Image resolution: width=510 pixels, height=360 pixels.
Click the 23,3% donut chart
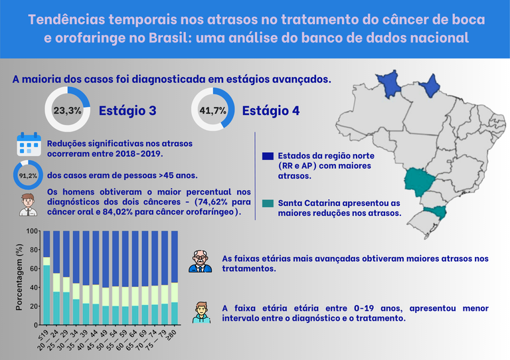pyautogui.click(x=67, y=110)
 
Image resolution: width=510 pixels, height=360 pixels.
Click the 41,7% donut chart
pyautogui.click(x=212, y=110)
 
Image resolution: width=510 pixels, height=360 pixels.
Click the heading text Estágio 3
pyautogui.click(x=127, y=111)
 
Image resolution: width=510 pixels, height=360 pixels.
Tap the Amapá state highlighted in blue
pyautogui.click(x=432, y=84)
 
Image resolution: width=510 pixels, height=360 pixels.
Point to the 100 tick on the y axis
pyautogui.click(x=32, y=231)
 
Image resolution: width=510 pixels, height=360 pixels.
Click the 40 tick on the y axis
pyautogui.click(x=33, y=288)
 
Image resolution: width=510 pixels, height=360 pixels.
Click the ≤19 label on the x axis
pyautogui.click(x=44, y=335)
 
